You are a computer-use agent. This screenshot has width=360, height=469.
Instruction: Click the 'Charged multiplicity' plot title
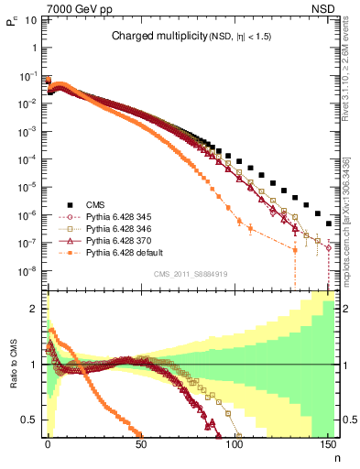pos(191,37)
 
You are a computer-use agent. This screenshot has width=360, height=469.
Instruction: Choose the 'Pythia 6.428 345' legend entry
pos(112,218)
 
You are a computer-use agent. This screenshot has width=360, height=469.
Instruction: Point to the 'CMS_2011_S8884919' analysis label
pos(191,274)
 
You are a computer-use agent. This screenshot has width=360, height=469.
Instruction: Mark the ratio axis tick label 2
pos(36,309)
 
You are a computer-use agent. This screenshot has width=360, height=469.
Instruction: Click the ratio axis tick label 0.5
pos(32,420)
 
